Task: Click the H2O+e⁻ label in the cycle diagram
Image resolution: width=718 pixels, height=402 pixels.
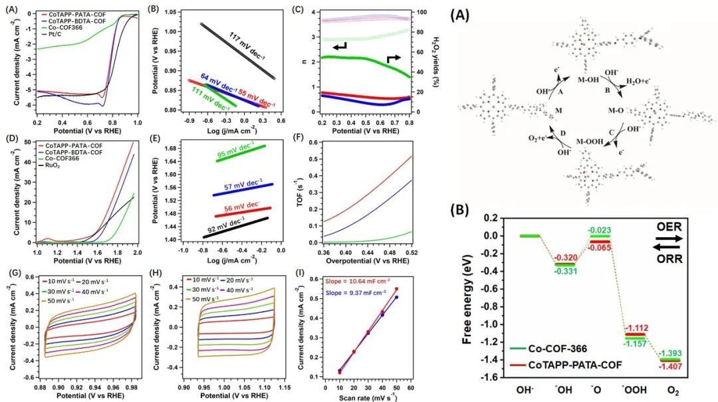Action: [x=640, y=80]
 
